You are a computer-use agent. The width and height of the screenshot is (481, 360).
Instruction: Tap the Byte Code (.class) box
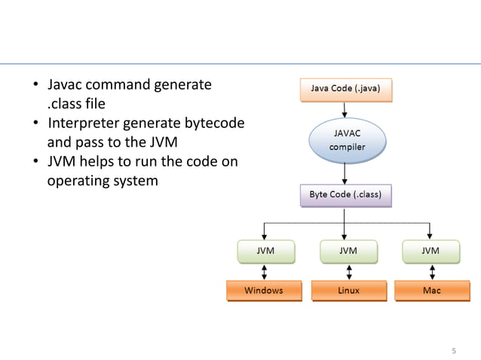click(x=345, y=196)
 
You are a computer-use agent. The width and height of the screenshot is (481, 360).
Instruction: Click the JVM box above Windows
click(x=263, y=251)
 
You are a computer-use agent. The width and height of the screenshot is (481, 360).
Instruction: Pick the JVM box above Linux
click(x=347, y=251)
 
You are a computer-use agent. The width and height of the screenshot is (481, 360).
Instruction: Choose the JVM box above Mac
click(x=430, y=251)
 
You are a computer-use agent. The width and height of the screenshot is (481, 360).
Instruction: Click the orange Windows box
click(x=263, y=291)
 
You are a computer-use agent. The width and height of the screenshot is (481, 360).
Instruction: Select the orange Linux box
click(x=347, y=291)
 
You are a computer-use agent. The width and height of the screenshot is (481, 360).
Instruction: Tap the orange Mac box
click(x=431, y=291)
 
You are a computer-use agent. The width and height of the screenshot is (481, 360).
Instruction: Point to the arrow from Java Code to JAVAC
click(x=345, y=110)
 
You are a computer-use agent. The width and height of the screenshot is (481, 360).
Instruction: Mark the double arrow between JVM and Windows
click(x=263, y=271)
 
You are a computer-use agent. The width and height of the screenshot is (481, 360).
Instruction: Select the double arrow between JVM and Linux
click(x=347, y=271)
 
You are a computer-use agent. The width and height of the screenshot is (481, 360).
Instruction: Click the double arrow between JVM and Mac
click(x=430, y=271)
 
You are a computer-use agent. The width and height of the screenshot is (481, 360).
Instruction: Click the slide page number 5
click(x=454, y=351)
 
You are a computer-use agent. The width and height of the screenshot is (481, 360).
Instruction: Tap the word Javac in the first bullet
click(x=66, y=85)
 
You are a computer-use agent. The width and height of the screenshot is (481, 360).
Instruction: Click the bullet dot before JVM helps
click(x=35, y=162)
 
